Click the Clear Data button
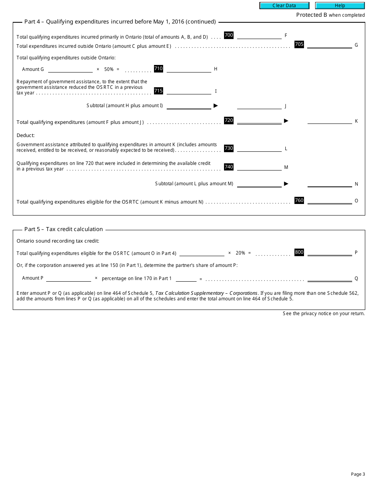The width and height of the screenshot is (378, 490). (x=284, y=6)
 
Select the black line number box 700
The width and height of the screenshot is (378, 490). (x=229, y=35)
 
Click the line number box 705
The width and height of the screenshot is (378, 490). (x=299, y=44)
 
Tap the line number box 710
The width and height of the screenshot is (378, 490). (x=158, y=69)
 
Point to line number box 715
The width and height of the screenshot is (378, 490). (x=158, y=91)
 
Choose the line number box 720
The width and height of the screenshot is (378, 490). (x=229, y=120)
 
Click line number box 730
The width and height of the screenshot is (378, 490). (x=229, y=148)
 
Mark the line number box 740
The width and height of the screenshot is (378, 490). (x=229, y=167)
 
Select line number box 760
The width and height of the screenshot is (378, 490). (x=299, y=200)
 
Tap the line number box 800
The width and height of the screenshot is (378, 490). (x=299, y=252)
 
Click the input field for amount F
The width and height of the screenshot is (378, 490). (x=259, y=35)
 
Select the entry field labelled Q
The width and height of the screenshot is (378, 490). (x=329, y=278)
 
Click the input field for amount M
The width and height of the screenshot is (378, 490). (x=259, y=167)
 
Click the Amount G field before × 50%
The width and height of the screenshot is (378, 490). (x=70, y=69)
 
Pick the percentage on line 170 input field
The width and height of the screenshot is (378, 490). (x=186, y=278)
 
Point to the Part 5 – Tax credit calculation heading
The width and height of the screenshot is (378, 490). (x=64, y=229)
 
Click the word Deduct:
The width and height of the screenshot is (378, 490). (x=25, y=135)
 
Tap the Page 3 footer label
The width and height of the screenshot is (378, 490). (x=358, y=474)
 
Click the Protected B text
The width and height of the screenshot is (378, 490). (x=312, y=15)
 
